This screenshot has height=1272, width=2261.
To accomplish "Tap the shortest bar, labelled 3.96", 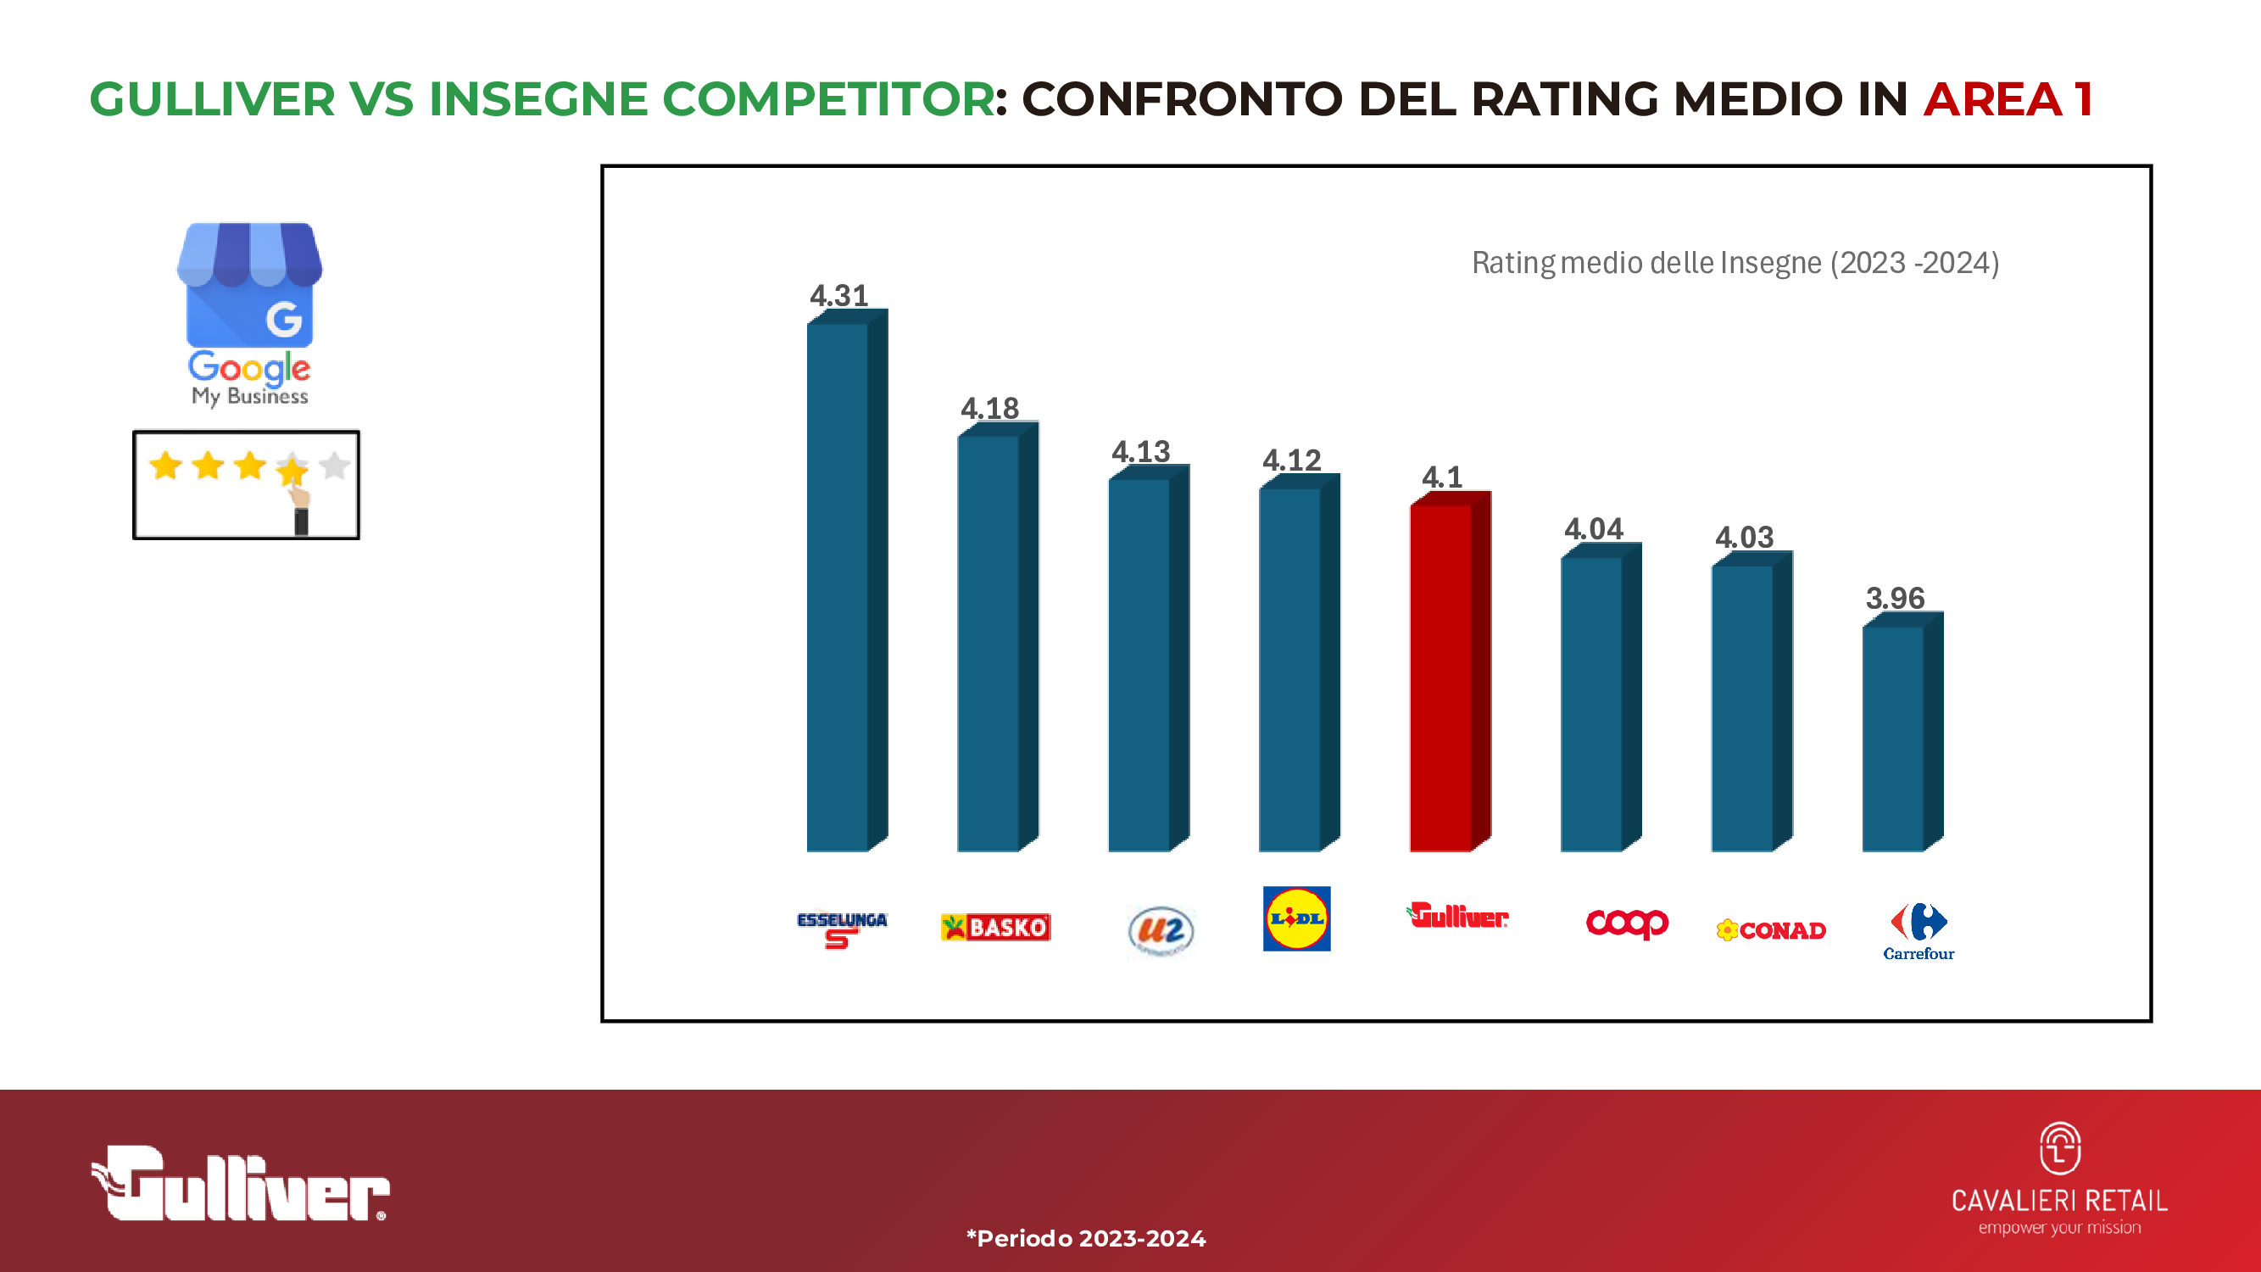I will click(x=1894, y=738).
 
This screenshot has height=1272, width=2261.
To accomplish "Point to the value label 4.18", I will click(x=989, y=408).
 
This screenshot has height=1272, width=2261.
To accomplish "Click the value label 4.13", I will click(x=1140, y=451).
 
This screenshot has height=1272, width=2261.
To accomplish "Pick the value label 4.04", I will click(x=1593, y=528).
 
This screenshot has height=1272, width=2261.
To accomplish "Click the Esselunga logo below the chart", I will click(x=841, y=928).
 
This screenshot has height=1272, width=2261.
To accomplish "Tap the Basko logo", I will click(x=995, y=927).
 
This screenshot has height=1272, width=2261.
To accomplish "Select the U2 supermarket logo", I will click(x=1161, y=930).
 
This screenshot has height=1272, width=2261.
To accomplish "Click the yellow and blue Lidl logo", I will click(x=1296, y=918).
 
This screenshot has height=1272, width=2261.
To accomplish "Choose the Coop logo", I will click(x=1626, y=923).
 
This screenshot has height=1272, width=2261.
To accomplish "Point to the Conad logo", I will click(x=1770, y=929).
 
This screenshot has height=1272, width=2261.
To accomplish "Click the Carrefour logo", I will click(x=1919, y=930).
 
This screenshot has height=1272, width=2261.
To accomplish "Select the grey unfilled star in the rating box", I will click(x=334, y=466).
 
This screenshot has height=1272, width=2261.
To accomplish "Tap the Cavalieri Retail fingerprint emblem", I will click(x=2059, y=1148).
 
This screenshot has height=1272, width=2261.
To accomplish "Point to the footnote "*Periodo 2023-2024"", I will click(x=1086, y=1238).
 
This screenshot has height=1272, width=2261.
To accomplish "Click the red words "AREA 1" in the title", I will click(x=2008, y=98).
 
